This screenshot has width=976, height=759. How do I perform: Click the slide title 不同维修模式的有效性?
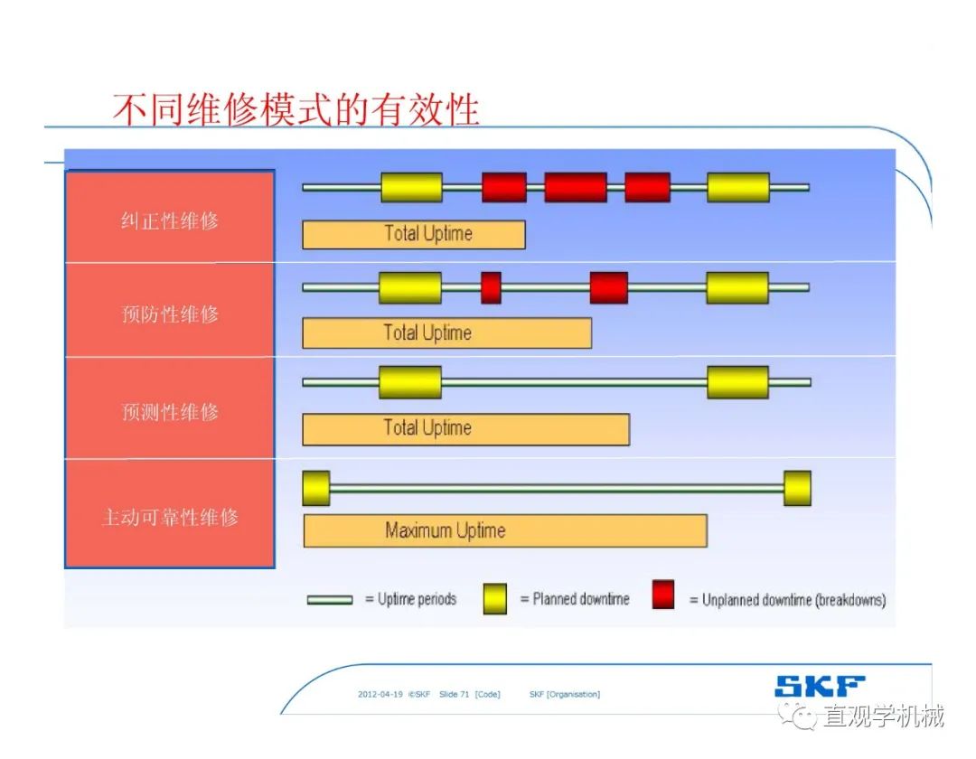[x=296, y=110]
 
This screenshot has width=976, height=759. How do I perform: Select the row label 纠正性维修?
[x=170, y=220]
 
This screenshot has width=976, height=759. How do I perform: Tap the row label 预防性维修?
[x=170, y=314]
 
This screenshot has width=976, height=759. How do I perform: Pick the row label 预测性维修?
[x=170, y=412]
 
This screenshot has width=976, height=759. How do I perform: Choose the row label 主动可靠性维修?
[x=170, y=518]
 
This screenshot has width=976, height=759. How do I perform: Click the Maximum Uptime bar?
[x=504, y=530]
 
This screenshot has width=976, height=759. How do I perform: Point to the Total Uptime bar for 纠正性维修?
[x=413, y=234]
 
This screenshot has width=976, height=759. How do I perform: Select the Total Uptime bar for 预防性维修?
[x=446, y=333]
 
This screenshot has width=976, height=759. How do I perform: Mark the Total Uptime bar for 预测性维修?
[x=465, y=428]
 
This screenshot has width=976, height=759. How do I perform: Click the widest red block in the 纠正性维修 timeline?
[x=575, y=187]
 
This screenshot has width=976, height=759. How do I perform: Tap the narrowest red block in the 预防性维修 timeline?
[x=491, y=287]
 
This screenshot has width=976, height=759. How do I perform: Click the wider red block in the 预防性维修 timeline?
[x=608, y=287]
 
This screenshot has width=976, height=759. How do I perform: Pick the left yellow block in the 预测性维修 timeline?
[x=410, y=382]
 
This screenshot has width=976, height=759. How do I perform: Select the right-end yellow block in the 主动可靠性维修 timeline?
[x=797, y=488]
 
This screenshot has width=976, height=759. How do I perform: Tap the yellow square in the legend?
[x=494, y=598]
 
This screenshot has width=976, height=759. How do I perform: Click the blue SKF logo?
[x=819, y=686]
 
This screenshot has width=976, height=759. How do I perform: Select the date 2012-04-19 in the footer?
[x=380, y=694]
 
